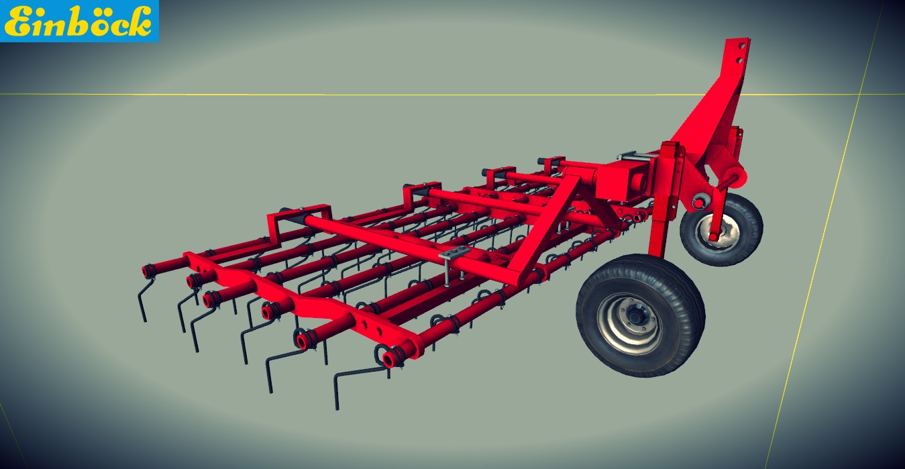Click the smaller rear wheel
(722, 229)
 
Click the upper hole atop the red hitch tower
(742, 46)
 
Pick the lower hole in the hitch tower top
(739, 61)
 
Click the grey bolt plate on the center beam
(455, 253)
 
